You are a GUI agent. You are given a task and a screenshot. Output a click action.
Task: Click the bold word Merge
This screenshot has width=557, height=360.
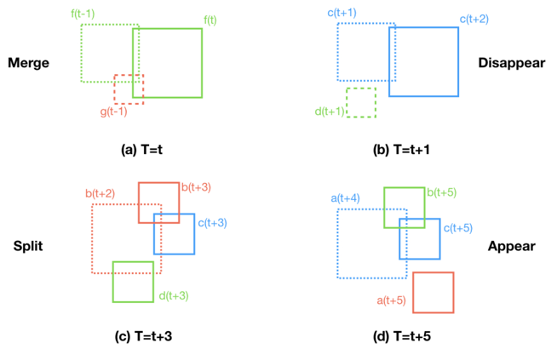28,64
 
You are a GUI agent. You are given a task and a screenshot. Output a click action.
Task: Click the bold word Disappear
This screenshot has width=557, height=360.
512,64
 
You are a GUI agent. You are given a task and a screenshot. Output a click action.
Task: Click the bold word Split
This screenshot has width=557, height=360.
29,247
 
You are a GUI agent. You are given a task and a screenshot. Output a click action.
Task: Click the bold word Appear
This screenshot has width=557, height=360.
511,247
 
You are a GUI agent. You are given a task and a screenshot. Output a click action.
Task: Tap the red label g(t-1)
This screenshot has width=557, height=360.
115,112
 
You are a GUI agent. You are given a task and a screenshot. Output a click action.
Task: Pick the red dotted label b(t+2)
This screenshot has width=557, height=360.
101,193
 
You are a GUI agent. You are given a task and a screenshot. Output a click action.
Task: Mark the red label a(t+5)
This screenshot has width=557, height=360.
393,300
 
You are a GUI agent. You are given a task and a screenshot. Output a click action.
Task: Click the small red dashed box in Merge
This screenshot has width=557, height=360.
129,89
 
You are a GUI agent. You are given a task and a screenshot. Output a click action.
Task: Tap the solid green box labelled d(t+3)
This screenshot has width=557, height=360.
133,282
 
